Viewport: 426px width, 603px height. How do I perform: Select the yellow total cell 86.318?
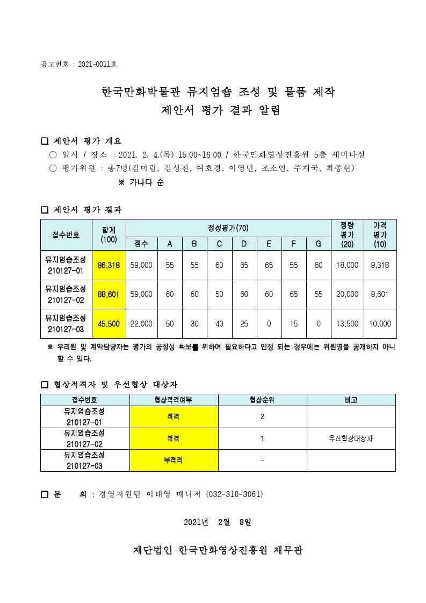(x=109, y=265)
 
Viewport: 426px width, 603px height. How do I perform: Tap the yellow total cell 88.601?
(x=109, y=294)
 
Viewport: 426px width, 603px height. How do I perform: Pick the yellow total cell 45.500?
(x=109, y=324)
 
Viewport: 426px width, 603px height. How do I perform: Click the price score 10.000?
(x=381, y=324)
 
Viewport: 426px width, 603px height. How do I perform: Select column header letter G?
(x=319, y=244)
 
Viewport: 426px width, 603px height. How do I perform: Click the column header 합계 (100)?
(x=109, y=235)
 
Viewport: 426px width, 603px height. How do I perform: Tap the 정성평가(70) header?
(x=228, y=228)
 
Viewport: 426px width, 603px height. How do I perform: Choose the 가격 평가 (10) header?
(x=381, y=235)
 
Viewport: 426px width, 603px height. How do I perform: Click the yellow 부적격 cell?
(x=174, y=460)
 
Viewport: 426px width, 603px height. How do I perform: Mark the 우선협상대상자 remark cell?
(x=351, y=438)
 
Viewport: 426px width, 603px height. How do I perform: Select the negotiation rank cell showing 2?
(x=262, y=416)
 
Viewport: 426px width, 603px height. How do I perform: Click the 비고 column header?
(x=351, y=400)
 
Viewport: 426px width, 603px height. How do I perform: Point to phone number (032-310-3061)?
(x=235, y=494)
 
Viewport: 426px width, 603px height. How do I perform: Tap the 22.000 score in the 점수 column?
(x=142, y=324)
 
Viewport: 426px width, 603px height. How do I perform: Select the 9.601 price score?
(x=381, y=294)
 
